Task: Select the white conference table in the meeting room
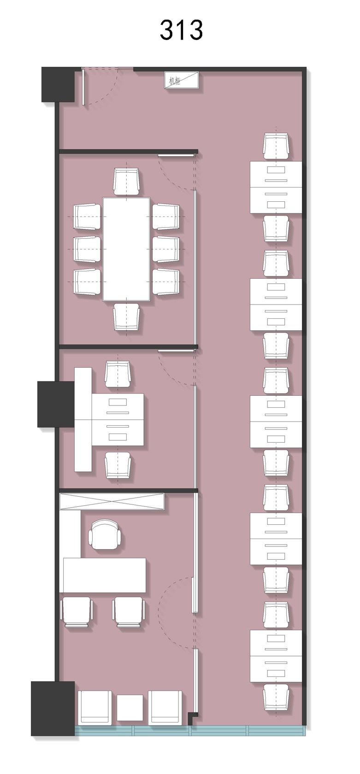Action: (x=126, y=249)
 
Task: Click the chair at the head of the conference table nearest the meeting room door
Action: (x=126, y=182)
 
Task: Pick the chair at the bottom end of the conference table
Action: (x=127, y=316)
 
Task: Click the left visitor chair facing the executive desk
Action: (x=77, y=612)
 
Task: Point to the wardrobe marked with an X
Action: (x=112, y=502)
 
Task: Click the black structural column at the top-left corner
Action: (x=58, y=84)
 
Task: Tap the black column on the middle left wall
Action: (x=56, y=404)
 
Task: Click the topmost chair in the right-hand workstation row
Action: (x=276, y=147)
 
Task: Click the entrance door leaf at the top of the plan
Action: (x=83, y=87)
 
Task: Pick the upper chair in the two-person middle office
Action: (x=118, y=375)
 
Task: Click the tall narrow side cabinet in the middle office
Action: (x=83, y=419)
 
